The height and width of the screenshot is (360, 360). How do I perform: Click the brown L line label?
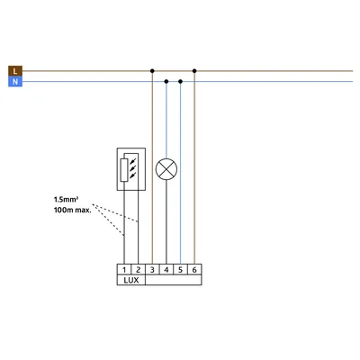pos(15,71)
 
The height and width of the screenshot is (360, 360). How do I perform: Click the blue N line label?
pos(15,82)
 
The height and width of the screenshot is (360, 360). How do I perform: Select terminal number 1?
pos(124,270)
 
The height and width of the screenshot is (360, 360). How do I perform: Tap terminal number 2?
pos(139,270)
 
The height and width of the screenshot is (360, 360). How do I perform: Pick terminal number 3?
pos(152,270)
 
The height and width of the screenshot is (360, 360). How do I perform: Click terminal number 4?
pos(166,270)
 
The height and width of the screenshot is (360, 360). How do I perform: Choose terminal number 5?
pos(180,270)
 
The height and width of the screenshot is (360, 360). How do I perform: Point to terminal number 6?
pos(194,270)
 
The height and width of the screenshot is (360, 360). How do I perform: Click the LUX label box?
pos(131,280)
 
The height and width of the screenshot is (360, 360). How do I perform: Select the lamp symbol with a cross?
pos(166,169)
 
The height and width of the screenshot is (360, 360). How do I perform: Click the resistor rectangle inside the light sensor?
pos(124,170)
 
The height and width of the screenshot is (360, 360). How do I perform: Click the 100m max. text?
pos(73,210)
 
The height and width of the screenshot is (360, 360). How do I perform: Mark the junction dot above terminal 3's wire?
pos(152,71)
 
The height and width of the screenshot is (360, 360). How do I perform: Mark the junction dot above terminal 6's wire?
pos(194,71)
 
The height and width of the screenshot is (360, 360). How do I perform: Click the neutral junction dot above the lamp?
pos(166,81)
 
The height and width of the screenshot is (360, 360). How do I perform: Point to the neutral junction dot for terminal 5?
pos(180,81)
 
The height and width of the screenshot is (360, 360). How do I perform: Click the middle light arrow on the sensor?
pos(133,167)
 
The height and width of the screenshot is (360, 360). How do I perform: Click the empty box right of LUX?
pos(174,280)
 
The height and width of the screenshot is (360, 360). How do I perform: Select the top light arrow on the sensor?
pos(133,160)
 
